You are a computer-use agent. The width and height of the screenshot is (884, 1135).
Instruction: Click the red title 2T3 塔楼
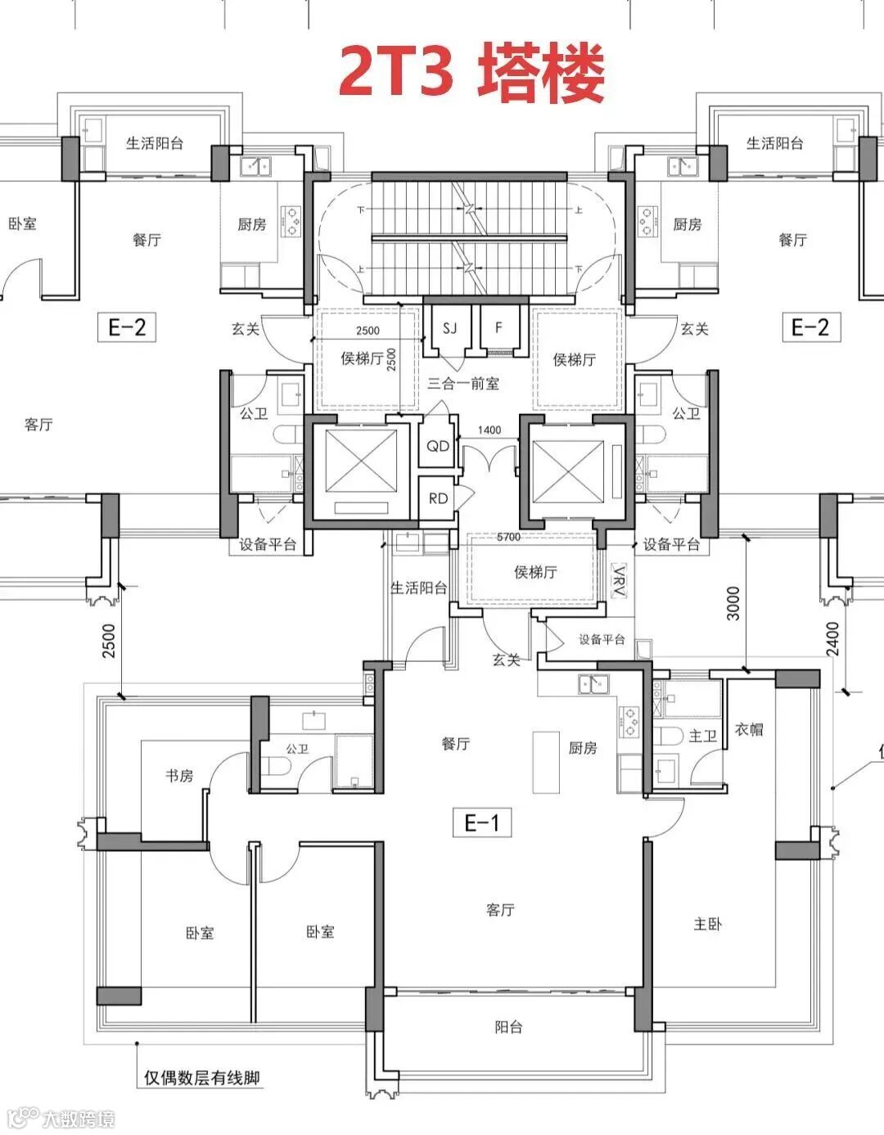coord(471,74)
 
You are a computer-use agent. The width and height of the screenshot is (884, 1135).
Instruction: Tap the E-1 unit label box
coord(482,822)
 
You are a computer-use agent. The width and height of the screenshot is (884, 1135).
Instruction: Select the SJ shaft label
coord(449,328)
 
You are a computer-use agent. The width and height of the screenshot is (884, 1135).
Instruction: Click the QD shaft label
coord(438,446)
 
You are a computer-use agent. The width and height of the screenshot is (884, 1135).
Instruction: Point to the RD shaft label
coord(438,499)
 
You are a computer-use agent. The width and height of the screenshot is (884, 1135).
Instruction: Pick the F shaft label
coord(498,327)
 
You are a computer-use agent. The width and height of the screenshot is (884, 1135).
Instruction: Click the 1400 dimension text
coord(489,430)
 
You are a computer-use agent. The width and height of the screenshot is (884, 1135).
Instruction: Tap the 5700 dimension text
coord(508,537)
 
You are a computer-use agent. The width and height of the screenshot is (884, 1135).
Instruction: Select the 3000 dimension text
coord(733,603)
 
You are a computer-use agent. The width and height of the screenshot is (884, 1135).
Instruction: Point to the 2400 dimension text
coord(832,638)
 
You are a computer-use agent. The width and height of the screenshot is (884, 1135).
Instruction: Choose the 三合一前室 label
coord(463,384)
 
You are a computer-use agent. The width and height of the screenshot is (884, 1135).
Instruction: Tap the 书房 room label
coord(179,775)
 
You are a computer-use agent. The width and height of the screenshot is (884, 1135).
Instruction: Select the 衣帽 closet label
coord(749,729)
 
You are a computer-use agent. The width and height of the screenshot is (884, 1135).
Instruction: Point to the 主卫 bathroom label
coord(703,736)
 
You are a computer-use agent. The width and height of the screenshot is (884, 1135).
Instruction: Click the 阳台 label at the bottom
coord(508,1028)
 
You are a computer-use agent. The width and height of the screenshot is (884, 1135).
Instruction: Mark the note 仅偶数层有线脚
coord(201,1078)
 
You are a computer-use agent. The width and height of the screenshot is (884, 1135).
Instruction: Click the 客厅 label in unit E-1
coord(500,910)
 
